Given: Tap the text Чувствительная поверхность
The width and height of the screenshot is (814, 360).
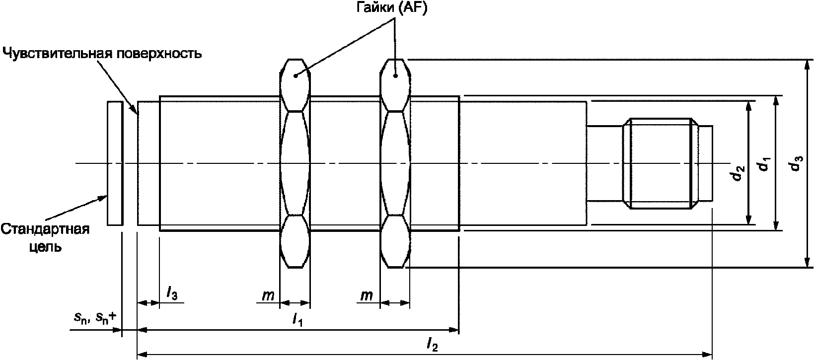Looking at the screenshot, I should tap(102, 53).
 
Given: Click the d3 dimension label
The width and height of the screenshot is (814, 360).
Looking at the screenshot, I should tap(796, 163).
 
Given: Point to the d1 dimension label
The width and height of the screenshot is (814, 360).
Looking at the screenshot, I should tap(764, 163).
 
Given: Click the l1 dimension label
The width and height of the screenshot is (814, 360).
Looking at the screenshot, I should tap(298, 320).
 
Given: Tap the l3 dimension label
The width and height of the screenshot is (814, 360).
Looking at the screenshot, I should tap(171, 293).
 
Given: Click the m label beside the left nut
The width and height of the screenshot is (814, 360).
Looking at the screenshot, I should tap(268, 295).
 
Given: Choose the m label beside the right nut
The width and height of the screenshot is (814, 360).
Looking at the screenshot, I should tap(367, 295).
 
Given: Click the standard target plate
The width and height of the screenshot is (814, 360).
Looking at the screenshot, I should tap(115, 163).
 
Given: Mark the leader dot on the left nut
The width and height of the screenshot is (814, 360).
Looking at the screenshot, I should tap(296, 75).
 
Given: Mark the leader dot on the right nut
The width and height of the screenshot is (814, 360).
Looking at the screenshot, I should tap(396, 75).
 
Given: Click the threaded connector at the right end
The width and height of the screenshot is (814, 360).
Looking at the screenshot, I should tap(661, 163).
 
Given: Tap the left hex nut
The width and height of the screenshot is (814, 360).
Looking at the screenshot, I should tap(295, 163).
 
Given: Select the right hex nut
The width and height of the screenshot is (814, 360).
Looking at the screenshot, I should tap(395, 163).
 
